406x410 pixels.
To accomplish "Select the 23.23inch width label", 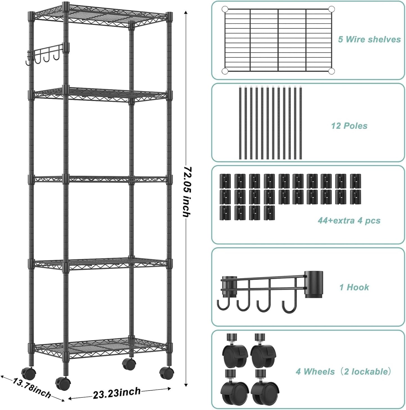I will tap(117, 393).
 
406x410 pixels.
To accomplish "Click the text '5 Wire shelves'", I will tap(369, 39).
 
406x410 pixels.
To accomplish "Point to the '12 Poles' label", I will tap(349, 126).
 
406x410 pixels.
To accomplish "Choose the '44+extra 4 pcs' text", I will tap(349, 221).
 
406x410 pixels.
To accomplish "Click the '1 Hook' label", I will tap(354, 287).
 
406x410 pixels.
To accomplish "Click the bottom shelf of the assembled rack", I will tap(100, 348).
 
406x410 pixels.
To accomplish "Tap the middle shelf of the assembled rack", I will tap(100, 179).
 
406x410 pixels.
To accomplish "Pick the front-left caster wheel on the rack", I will tap(63, 383).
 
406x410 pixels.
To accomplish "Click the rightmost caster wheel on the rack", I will tap(166, 373).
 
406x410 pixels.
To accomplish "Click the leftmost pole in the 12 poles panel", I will tap(241, 123).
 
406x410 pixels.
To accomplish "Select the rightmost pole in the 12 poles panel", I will tap(301, 123).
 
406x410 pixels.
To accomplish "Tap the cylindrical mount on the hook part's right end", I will tap(314, 284).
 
